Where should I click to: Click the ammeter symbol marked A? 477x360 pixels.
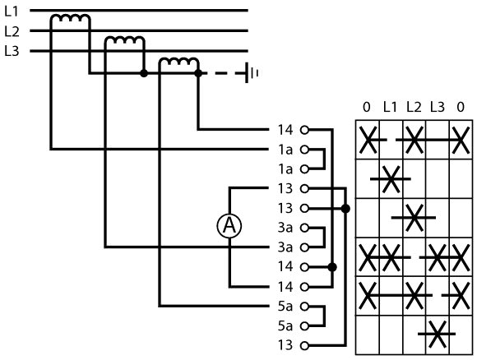229,225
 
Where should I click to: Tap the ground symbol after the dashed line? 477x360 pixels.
252,73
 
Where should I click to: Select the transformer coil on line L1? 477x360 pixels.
70,18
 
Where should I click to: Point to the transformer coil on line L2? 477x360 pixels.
124,39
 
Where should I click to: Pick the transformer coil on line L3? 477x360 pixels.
179,62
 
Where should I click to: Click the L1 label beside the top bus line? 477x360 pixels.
12,12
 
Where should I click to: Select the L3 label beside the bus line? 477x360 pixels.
12,51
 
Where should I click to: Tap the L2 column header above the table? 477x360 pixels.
414,107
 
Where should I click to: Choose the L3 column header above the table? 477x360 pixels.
438,107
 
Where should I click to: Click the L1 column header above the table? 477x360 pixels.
390,107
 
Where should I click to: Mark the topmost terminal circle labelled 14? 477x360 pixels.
304,130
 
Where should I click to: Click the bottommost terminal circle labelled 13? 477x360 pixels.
304,345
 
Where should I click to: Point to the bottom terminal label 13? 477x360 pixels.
285,345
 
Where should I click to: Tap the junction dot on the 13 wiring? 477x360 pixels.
345,209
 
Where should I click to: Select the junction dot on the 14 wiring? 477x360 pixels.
332,267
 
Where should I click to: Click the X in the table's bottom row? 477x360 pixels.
437,334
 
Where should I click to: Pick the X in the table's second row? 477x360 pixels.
391,179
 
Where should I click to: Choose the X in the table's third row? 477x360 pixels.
414,218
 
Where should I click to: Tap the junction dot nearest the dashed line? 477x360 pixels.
198,73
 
